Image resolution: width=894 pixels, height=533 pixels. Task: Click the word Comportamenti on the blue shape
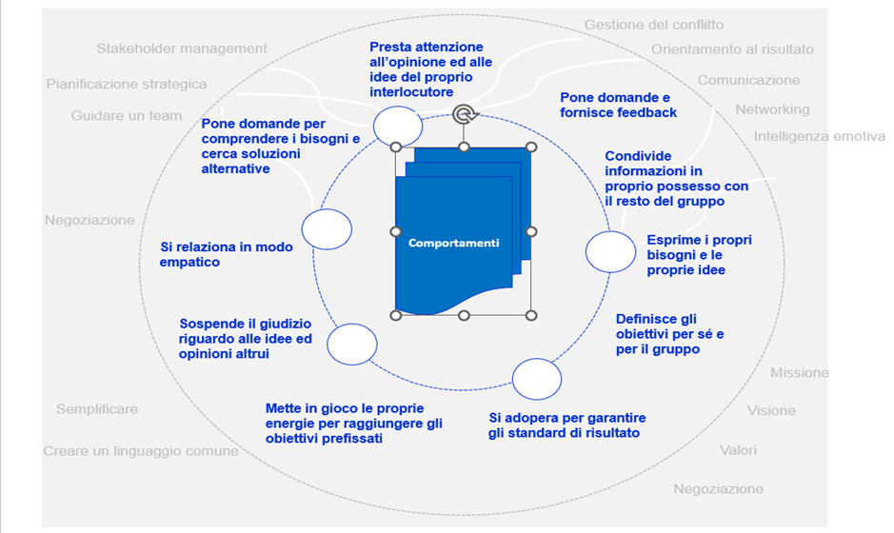pos(454,243)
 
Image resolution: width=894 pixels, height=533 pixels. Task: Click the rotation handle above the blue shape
pos(465,114)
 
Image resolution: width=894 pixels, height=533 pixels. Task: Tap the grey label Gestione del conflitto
pos(654,25)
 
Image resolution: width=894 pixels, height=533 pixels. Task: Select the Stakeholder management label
pos(182,49)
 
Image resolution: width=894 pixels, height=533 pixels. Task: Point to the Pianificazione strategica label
pos(127,85)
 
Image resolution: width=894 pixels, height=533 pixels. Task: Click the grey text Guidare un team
pos(127,116)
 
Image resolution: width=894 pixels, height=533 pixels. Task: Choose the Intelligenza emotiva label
pos(820,136)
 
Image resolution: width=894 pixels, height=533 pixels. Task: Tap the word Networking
pos(772,109)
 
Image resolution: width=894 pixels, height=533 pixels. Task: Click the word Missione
pos(800,373)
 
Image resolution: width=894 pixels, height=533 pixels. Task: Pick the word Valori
pos(739,450)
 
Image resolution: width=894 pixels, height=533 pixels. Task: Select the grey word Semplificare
pos(97,409)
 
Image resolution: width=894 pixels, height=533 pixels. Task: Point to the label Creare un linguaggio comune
pos(141,451)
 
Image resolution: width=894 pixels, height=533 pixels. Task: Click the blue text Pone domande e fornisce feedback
pos(618,105)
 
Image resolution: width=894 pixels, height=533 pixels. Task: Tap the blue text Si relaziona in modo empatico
pos(226,254)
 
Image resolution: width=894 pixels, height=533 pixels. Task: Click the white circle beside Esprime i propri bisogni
pos(610,252)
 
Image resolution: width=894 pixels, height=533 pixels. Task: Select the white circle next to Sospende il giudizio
pos(351,345)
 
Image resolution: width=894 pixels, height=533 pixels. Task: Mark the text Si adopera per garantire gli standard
pos(566,425)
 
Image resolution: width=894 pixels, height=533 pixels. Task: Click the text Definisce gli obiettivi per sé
pos(670,334)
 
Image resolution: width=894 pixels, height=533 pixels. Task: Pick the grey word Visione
pos(771,411)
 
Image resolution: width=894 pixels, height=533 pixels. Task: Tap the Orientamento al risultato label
pos(733,49)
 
